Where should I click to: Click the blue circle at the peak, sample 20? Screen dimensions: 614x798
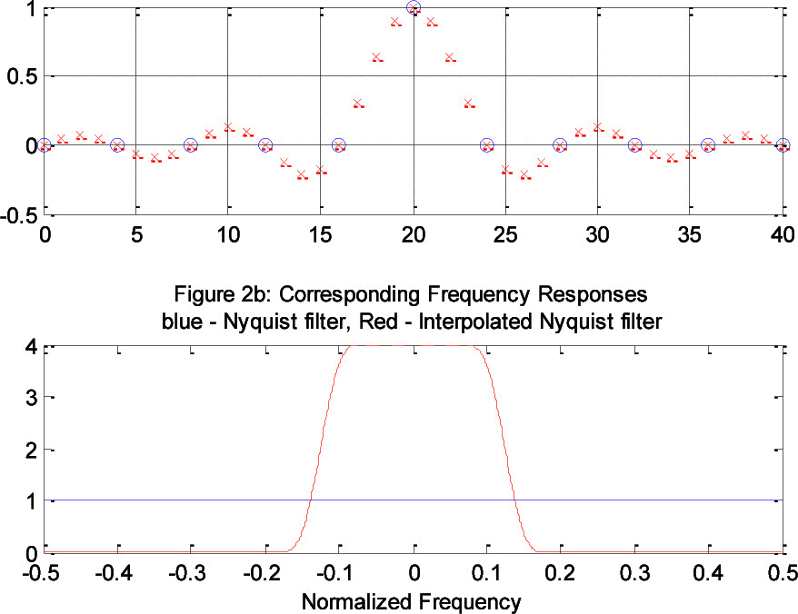pyautogui.click(x=414, y=8)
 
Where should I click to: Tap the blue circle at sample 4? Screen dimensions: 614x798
pyautogui.click(x=117, y=145)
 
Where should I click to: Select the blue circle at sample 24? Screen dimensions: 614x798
pyautogui.click(x=486, y=145)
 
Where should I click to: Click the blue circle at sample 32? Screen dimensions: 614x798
pyautogui.click(x=634, y=145)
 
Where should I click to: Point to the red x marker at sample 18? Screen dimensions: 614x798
pyautogui.click(x=376, y=57)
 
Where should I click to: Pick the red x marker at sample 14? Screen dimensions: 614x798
pyautogui.click(x=302, y=174)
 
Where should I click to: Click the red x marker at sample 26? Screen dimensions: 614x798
pyautogui.click(x=524, y=174)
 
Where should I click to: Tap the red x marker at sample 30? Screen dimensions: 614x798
pyautogui.click(x=598, y=127)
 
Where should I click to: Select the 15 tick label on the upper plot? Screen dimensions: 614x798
pyautogui.click(x=319, y=233)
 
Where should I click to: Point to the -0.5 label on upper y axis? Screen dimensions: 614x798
pyautogui.click(x=18, y=215)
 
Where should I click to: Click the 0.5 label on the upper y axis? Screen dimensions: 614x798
pyautogui.click(x=20, y=76)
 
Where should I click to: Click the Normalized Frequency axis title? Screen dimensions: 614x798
pyautogui.click(x=411, y=600)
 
